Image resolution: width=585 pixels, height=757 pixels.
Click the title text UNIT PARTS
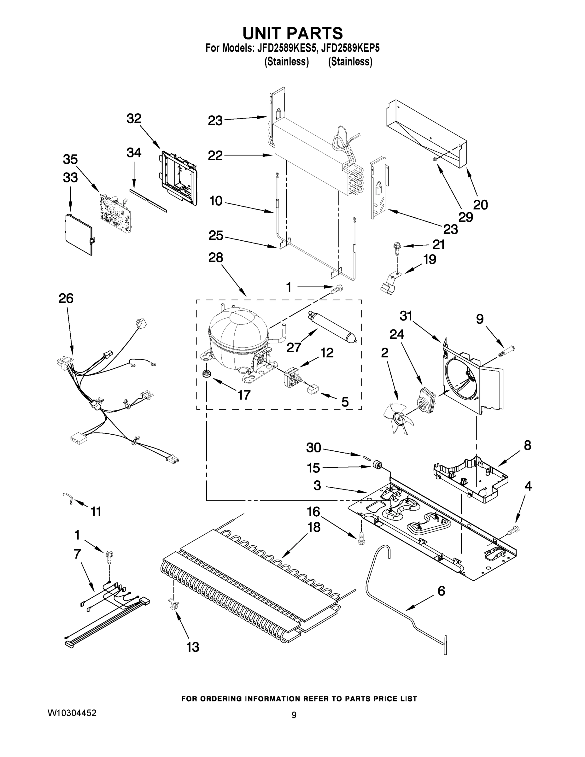(x=293, y=34)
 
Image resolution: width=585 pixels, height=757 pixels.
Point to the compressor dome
(x=238, y=331)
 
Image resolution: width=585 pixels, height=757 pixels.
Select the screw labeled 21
(x=396, y=247)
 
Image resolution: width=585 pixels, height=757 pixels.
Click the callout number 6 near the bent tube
(x=441, y=591)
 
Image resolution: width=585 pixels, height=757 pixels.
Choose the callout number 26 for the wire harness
(x=66, y=298)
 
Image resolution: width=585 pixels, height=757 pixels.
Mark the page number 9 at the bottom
(x=294, y=715)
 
